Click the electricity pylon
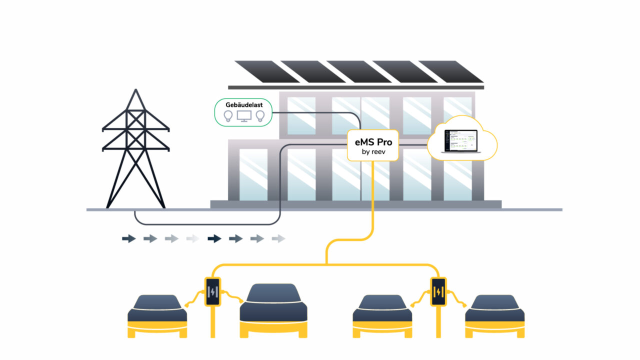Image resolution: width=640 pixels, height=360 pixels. click(x=133, y=150)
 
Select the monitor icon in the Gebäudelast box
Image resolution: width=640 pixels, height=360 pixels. click(x=244, y=116)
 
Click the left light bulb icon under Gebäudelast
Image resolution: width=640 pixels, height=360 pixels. click(x=228, y=116)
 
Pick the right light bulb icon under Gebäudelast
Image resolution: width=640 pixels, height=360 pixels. click(x=260, y=116)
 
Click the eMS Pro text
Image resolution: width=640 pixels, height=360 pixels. click(x=373, y=142)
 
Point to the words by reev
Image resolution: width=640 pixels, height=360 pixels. click(x=373, y=151)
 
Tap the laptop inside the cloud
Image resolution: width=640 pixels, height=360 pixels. click(x=458, y=140)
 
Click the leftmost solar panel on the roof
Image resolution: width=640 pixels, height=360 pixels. click(x=260, y=71)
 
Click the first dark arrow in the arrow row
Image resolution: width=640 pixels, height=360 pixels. click(x=128, y=239)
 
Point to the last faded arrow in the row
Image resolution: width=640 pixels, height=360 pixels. click(x=278, y=239)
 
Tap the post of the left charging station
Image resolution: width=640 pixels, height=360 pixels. click(x=213, y=322)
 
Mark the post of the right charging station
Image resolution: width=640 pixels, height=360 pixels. click(x=438, y=322)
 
